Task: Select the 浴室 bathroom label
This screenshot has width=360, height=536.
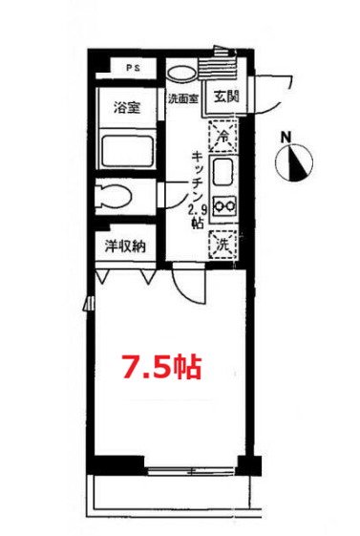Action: pyautogui.click(x=127, y=107)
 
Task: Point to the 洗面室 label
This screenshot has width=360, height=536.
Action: pyautogui.click(x=182, y=98)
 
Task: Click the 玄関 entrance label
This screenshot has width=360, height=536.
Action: pyautogui.click(x=226, y=96)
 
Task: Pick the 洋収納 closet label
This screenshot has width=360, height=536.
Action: pyautogui.click(x=125, y=247)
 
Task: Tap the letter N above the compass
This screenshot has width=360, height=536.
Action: pyautogui.click(x=286, y=138)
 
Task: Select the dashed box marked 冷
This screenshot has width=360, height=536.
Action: pyautogui.click(x=222, y=136)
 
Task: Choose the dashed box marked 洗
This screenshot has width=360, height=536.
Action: pyautogui.click(x=222, y=245)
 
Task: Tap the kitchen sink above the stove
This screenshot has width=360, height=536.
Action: pyautogui.click(x=223, y=175)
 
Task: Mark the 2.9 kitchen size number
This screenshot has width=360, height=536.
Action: pyautogui.click(x=197, y=209)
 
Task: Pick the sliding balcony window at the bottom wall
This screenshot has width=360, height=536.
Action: pyautogui.click(x=192, y=470)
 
